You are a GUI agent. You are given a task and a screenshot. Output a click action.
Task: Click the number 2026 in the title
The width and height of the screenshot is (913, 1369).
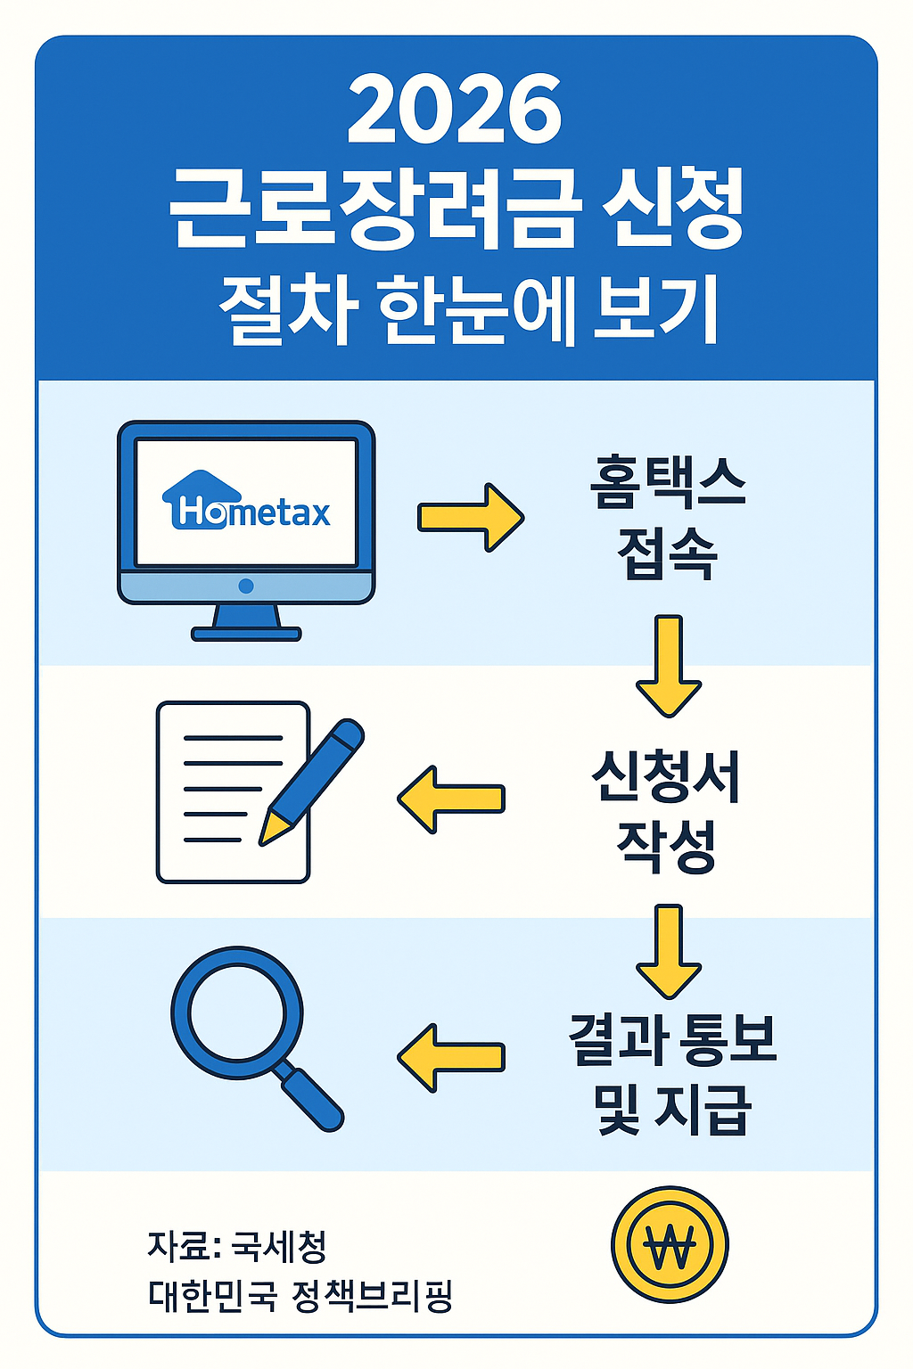tap(455, 111)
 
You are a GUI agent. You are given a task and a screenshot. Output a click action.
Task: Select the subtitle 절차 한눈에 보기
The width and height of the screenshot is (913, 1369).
tap(469, 309)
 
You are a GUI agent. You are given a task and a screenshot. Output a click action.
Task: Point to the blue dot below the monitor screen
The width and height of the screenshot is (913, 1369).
tap(246, 586)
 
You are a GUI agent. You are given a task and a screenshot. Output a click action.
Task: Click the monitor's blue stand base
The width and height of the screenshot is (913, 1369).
tap(246, 634)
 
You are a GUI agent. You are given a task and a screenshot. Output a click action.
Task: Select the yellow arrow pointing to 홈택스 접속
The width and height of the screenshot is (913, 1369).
tap(471, 517)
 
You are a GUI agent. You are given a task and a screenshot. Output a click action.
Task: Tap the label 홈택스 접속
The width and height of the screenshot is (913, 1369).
tap(667, 517)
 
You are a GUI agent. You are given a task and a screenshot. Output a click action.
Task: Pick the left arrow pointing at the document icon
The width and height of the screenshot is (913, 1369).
tap(451, 799)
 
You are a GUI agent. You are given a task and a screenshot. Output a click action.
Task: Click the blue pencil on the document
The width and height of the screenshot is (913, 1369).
tap(317, 775)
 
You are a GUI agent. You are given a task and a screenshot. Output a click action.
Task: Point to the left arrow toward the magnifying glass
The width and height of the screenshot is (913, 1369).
tap(451, 1057)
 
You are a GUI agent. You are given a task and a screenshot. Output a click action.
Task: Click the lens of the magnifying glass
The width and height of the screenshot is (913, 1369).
tap(237, 1012)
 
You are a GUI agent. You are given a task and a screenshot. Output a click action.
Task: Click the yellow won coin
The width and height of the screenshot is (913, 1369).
tap(670, 1245)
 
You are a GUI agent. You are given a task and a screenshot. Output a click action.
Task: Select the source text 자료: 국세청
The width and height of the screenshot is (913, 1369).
tap(237, 1245)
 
